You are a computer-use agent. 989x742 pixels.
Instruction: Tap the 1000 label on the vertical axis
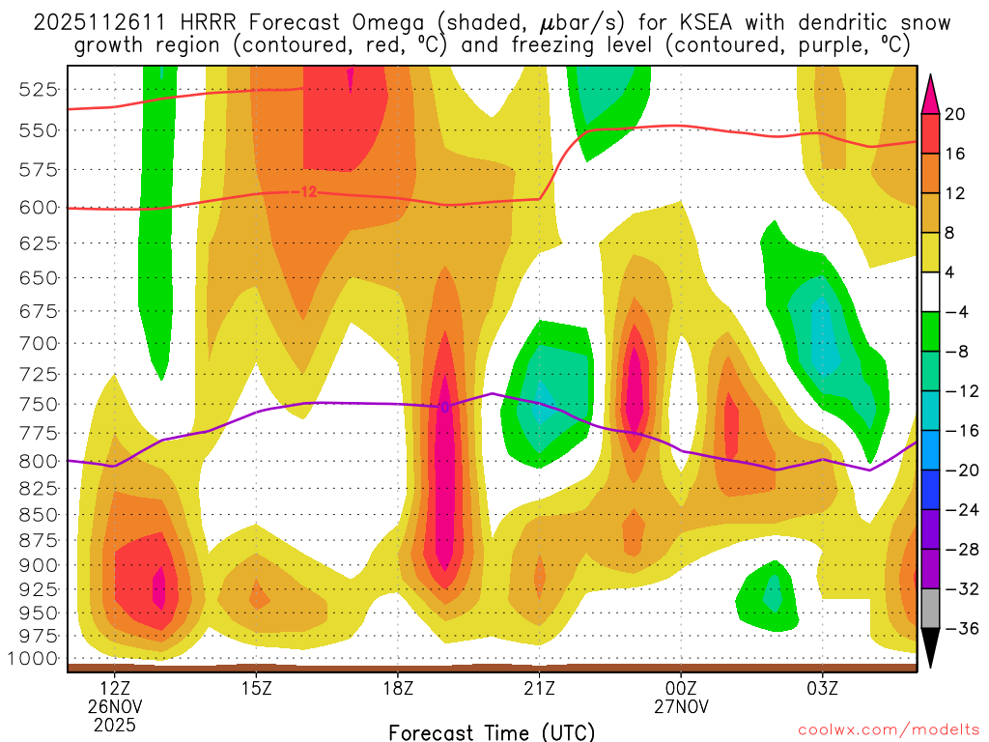pos(40,659)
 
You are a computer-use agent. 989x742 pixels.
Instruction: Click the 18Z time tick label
pos(398,688)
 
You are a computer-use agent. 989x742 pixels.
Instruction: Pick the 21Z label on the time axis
pos(539,688)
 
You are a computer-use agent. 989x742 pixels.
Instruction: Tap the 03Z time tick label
pos(823,688)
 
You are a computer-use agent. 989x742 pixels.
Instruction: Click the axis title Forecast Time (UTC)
pos(492,731)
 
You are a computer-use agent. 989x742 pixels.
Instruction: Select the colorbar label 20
pos(955,114)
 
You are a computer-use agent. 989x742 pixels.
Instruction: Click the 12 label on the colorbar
pos(955,193)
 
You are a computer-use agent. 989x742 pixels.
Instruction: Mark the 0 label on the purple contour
pos(445,408)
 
